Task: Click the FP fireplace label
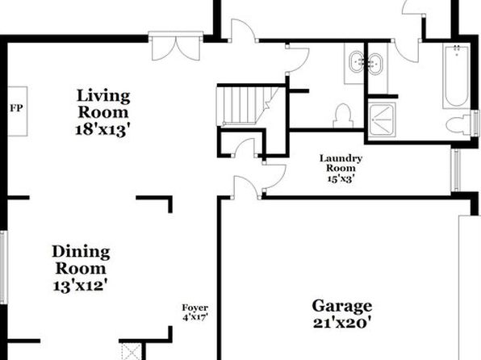[16, 108]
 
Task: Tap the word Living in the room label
[103, 96]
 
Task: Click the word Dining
[81, 253]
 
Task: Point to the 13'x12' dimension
[81, 286]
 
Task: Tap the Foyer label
[195, 308]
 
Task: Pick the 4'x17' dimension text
[195, 317]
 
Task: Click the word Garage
[342, 306]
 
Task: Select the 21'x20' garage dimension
[342, 323]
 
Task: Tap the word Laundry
[341, 158]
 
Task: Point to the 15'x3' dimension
[341, 178]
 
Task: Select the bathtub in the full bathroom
[457, 76]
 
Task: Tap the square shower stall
[382, 119]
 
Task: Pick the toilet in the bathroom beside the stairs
[343, 116]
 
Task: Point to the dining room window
[3, 267]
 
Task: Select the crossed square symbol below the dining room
[132, 351]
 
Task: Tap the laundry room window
[456, 170]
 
